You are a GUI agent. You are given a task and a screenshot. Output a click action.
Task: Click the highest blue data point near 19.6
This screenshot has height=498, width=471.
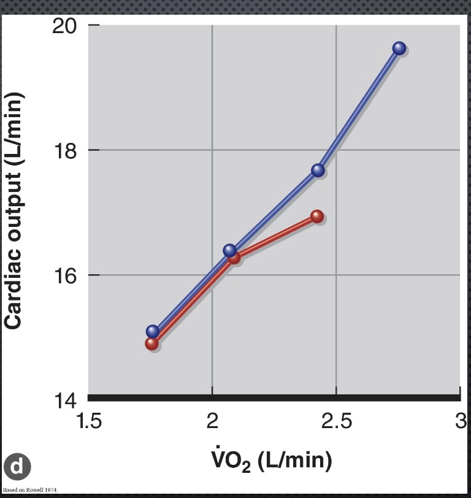399,48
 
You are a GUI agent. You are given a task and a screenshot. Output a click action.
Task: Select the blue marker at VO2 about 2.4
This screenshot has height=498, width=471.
318,170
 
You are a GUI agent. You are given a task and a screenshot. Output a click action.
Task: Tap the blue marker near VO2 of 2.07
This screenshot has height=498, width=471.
229,250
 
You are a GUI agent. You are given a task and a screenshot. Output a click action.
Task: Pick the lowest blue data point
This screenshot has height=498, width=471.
153,332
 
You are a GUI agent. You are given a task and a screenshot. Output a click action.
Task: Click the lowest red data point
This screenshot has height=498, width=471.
151,343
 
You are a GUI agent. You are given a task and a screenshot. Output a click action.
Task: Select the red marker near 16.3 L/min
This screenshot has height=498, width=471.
234,258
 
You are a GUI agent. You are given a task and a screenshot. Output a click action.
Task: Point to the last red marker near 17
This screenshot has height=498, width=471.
317,216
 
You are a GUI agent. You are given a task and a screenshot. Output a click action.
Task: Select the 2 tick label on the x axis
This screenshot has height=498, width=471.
212,422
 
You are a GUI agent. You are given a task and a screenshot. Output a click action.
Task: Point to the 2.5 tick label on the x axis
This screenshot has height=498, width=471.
336,422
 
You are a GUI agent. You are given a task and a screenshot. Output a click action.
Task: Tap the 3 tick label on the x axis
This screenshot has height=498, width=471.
461,422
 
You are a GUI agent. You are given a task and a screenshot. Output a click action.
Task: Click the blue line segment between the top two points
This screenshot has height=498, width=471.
359,109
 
